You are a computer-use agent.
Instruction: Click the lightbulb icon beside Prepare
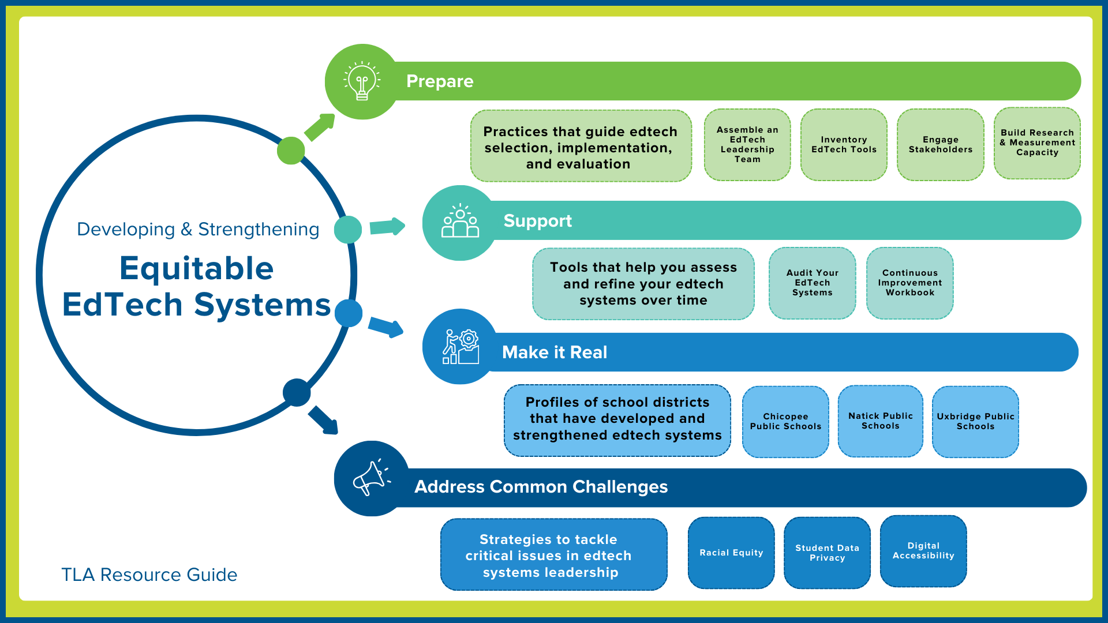coord(362,81)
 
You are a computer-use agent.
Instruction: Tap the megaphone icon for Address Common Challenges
coord(371,479)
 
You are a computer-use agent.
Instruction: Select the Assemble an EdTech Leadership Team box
coord(747,145)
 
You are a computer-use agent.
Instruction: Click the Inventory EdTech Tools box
coord(844,145)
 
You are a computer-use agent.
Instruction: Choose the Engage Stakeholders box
coord(940,145)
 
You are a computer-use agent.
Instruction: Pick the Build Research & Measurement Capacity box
coord(1037,143)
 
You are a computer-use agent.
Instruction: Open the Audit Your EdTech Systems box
coord(812,283)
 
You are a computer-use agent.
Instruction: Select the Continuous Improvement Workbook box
coord(909,283)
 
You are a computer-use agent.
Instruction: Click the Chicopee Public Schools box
coord(785,422)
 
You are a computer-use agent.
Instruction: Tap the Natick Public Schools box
coord(880,421)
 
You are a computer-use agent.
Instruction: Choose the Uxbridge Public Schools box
coord(975,422)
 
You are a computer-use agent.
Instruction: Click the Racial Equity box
coord(731,553)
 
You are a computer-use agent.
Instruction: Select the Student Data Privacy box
coord(827,553)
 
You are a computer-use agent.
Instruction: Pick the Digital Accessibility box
coord(923,551)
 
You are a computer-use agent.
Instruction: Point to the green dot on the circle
coord(291,151)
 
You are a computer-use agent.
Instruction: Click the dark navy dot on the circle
coord(297,392)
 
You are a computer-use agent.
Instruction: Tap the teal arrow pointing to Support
coord(387,227)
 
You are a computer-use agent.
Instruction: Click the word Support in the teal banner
coord(537,221)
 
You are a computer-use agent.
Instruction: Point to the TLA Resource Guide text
coord(149,575)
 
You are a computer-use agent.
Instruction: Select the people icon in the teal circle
coord(460,222)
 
